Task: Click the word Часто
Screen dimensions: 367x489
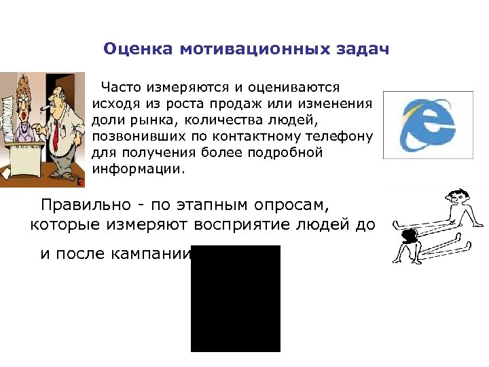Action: [x=122, y=88]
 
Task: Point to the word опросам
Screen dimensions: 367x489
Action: [x=291, y=204]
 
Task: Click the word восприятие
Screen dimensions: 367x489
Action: [x=245, y=224]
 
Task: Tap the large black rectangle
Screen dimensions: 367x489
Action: [x=236, y=299]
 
